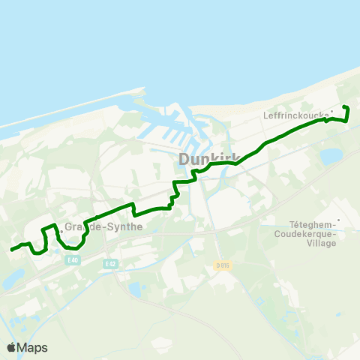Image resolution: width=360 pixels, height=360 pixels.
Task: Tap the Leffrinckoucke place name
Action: pos(296,115)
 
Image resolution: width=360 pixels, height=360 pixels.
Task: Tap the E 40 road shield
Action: pos(72,260)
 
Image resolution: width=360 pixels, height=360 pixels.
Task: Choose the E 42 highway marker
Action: pos(111,264)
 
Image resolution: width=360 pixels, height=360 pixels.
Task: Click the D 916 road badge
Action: pos(221,265)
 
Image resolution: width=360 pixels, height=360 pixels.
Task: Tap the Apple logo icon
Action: pos(11,347)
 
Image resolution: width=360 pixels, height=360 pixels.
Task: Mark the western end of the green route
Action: pos(11,250)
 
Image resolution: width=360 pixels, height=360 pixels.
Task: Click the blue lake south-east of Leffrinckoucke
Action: pos(330,157)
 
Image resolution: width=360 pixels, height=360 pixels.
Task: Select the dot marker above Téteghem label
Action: pos(339,220)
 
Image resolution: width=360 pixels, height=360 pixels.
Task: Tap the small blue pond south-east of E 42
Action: pos(134,289)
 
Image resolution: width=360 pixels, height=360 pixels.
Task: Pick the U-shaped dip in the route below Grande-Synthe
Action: pos(72,245)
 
